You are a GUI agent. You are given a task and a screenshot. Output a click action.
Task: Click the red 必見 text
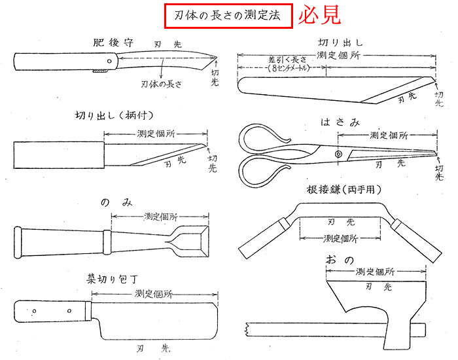pyautogui.click(x=319, y=16)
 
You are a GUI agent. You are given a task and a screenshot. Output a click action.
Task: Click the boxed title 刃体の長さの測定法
pyautogui.click(x=228, y=17)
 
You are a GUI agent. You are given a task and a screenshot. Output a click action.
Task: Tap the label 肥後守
pyautogui.click(x=113, y=43)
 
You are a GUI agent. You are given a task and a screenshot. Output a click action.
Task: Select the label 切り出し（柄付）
pyautogui.click(x=114, y=116)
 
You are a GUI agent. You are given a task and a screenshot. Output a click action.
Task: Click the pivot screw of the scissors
pyautogui.click(x=338, y=154)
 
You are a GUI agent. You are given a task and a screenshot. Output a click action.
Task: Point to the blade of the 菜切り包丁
pyautogui.click(x=150, y=320)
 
